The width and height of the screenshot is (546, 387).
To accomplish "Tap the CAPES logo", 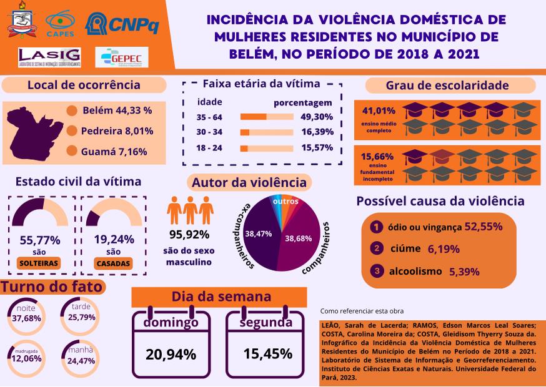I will click(60, 23).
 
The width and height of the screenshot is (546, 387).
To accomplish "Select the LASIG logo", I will click(50, 57).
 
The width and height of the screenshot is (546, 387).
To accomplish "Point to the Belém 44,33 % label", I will click(117, 110).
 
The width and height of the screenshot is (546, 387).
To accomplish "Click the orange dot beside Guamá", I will click(72, 151).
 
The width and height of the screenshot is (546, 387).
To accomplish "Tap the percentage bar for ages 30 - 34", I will click(267, 132).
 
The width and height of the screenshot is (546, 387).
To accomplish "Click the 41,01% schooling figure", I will click(375, 111).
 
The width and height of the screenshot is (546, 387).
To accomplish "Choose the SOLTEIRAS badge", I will click(39, 263).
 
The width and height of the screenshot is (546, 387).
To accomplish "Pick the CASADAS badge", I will click(113, 263).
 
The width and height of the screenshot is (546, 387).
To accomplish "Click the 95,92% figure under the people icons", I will click(189, 235).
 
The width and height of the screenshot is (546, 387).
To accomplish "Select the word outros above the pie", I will click(285, 201).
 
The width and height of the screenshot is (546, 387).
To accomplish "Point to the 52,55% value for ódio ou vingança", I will click(484, 227).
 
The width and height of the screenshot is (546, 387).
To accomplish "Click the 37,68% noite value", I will click(26, 318).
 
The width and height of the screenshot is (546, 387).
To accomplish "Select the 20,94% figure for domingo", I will click(171, 354).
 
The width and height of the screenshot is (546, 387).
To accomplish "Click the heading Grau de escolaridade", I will click(447, 86).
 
